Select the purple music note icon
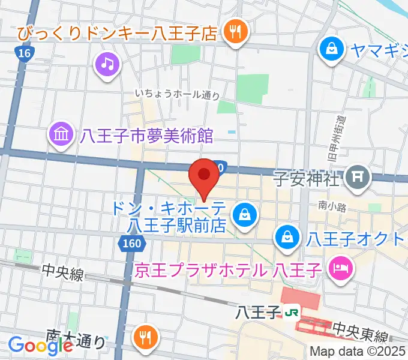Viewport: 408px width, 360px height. click(107, 64)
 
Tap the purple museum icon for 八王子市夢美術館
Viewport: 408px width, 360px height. click(63, 134)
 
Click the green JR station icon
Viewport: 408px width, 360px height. click(292, 312)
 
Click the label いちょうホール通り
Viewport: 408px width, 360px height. click(177, 94)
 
